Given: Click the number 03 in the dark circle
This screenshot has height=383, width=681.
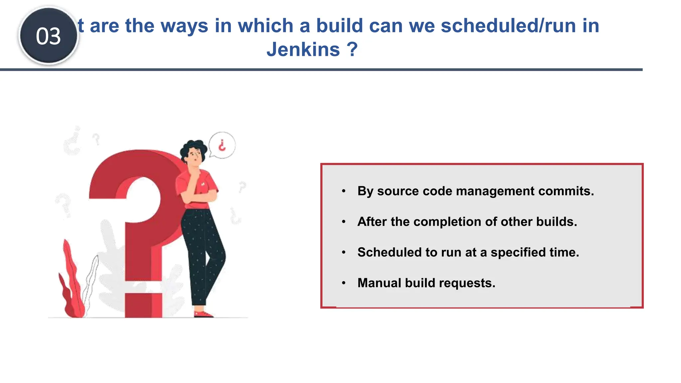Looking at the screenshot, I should coord(49,36).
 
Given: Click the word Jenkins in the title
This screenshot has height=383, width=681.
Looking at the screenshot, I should coord(303,50).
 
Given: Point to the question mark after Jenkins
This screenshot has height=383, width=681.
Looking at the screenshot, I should coord(352,50).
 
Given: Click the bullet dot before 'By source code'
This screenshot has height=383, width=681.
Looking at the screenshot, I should coord(344,191).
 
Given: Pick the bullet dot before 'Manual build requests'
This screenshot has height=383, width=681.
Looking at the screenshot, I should coord(344,283).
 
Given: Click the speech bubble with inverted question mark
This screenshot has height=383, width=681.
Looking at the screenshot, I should coord(222,145).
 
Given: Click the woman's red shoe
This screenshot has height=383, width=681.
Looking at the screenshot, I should coord(203,314).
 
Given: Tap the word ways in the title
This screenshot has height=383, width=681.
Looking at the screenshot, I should coord(185,26).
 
